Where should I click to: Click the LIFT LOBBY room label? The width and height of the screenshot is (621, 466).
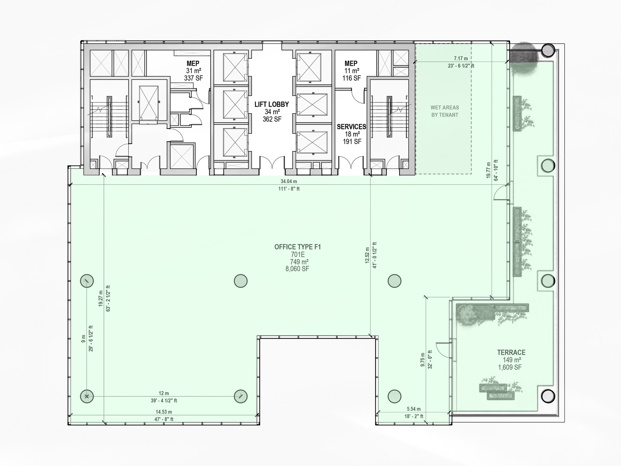tap(272, 104)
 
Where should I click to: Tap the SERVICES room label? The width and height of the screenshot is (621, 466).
tap(352, 127)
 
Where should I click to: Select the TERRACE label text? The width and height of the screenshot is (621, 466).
tap(511, 352)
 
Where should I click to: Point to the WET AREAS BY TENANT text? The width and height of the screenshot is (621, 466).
tap(445, 111)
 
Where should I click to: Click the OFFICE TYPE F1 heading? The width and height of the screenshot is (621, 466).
tap(298, 247)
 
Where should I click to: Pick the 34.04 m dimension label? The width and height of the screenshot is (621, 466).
tap(289, 181)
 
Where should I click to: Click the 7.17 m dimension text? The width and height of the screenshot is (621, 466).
tap(461, 59)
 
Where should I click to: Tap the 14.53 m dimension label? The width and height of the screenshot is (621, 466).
tap(164, 412)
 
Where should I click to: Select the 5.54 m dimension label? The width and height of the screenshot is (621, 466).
tap(414, 409)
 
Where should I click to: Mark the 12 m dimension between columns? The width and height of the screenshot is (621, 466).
tap(164, 393)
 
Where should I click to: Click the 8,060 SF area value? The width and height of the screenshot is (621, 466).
tap(297, 269)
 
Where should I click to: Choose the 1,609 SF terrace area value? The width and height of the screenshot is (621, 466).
tap(510, 367)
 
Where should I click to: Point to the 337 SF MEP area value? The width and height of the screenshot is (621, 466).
tap(193, 78)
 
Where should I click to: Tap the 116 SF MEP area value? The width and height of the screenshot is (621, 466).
tap(352, 78)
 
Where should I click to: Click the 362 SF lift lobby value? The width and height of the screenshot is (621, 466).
tap(272, 119)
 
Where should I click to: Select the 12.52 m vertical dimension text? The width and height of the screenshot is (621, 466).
tap(367, 255)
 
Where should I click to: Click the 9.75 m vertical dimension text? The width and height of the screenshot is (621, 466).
tap(423, 360)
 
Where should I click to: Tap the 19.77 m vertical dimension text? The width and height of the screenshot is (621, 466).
tap(489, 170)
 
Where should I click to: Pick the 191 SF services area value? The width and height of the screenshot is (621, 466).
tap(352, 141)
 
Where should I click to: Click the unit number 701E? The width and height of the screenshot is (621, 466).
tap(298, 255)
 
